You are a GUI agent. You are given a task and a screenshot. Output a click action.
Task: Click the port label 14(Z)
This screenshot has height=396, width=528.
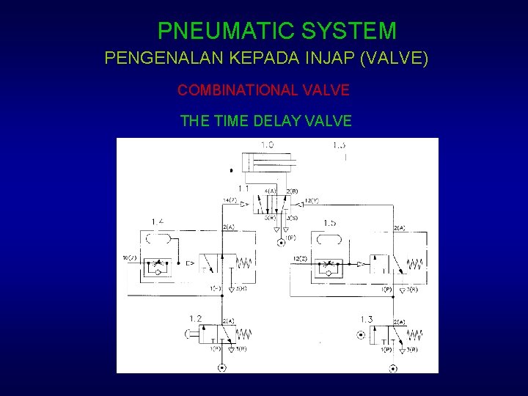(x=230, y=199)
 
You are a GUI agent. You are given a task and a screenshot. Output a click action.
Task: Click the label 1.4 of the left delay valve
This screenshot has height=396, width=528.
(x=157, y=221)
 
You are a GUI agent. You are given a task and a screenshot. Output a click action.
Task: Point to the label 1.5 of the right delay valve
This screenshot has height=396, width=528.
(x=329, y=222)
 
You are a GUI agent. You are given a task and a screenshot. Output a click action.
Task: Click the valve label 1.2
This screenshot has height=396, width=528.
(x=195, y=318)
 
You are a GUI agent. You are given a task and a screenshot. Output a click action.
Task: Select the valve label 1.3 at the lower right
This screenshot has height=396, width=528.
(x=367, y=319)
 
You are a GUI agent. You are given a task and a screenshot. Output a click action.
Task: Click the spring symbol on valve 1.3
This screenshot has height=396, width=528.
(x=416, y=334)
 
